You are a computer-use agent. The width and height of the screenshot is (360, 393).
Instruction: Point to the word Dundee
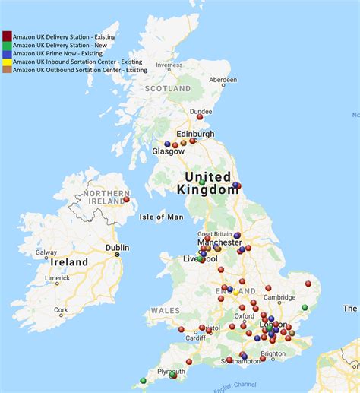click(201, 111)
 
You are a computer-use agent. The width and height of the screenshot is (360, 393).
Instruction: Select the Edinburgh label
click(195, 134)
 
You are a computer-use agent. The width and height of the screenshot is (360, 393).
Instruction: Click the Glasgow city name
click(168, 151)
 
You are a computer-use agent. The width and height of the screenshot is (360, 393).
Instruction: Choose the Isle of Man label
click(161, 217)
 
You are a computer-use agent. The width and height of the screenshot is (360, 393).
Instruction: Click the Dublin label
click(118, 248)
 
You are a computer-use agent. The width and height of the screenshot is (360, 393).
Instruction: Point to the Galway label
click(46, 253)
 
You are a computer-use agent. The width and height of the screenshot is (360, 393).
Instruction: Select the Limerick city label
click(58, 278)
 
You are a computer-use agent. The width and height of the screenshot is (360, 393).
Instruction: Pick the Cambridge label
click(280, 297)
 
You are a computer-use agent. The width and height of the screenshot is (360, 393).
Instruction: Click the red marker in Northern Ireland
click(127, 200)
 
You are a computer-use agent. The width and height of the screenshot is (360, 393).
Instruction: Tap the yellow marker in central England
click(236, 293)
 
